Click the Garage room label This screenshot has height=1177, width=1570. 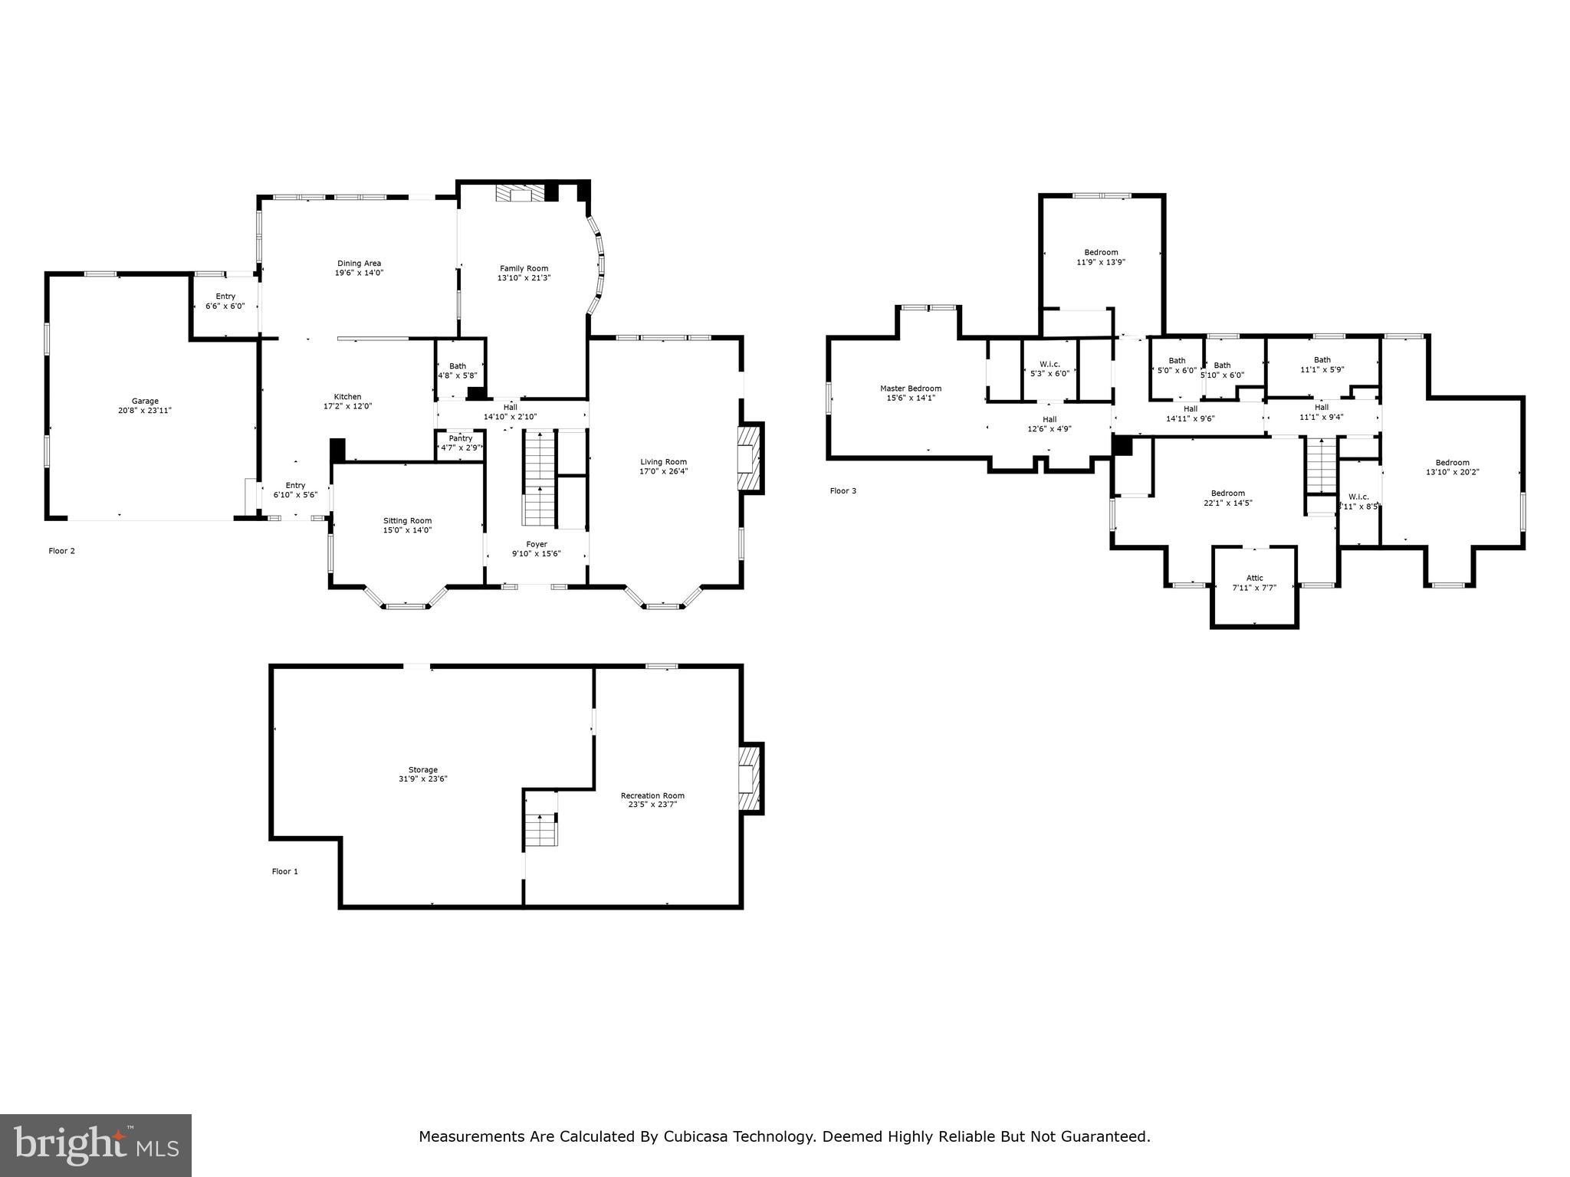click(145, 401)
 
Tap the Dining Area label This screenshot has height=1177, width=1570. click(359, 264)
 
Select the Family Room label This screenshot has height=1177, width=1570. click(524, 268)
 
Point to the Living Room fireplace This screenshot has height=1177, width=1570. click(750, 458)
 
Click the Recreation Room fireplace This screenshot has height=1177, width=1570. click(750, 779)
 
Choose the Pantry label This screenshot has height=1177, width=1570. click(461, 438)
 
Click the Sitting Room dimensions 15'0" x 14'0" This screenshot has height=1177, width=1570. click(408, 530)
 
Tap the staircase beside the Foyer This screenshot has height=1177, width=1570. click(539, 477)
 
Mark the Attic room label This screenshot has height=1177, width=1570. click(1254, 579)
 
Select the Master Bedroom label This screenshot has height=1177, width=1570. click(911, 389)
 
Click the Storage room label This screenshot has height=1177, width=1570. click(422, 770)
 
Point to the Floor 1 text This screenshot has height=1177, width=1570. click(285, 871)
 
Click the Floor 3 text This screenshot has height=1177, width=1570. click(843, 490)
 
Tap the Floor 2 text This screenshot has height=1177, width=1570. click(62, 551)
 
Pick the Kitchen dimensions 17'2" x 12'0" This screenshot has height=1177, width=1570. click(347, 406)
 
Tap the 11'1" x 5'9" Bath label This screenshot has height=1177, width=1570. click(1322, 365)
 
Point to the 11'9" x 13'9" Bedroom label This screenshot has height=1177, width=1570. click(1101, 257)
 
